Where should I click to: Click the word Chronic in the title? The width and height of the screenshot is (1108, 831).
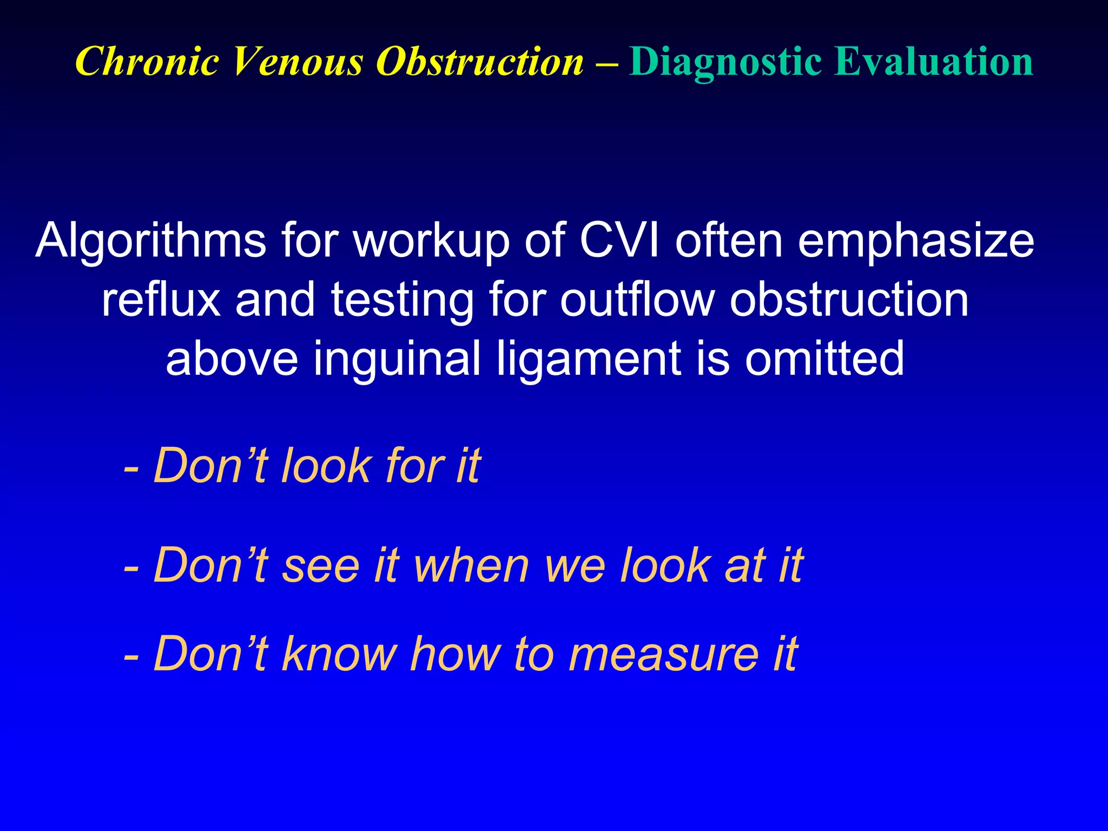[147, 61]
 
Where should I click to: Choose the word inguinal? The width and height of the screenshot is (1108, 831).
[397, 359]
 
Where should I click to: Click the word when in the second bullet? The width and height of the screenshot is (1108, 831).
[471, 565]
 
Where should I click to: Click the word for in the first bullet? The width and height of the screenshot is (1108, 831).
[414, 465]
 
